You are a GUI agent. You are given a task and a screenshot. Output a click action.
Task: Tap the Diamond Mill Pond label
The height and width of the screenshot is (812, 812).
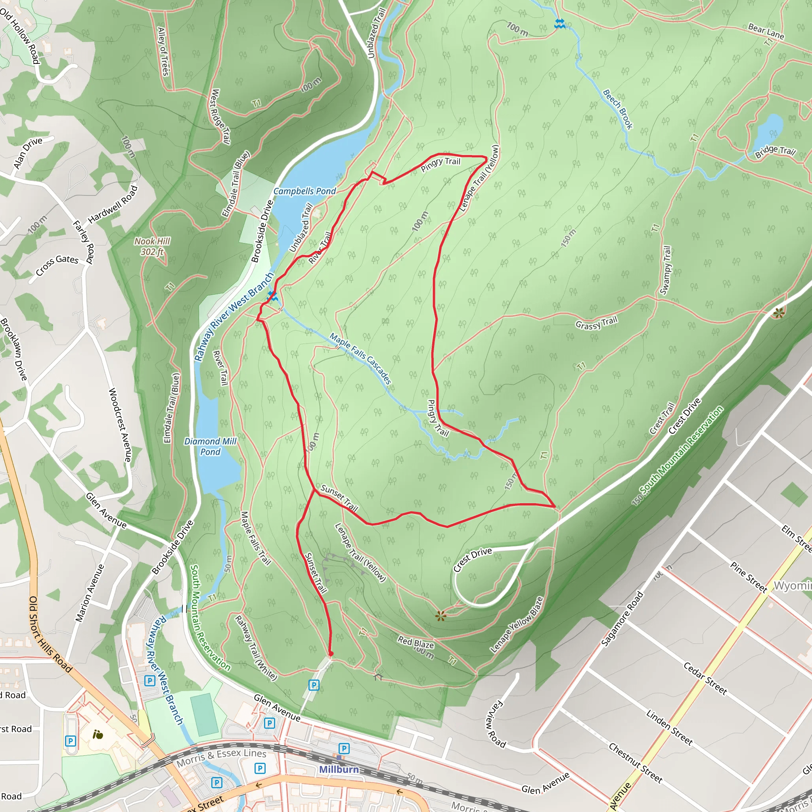click(x=210, y=446)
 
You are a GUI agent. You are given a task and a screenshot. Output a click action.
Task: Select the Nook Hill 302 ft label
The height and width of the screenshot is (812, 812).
click(x=152, y=246)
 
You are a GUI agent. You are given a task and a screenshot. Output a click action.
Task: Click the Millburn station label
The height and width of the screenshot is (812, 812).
click(x=339, y=769)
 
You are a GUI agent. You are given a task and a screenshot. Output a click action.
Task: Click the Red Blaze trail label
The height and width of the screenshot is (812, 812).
click(x=416, y=643)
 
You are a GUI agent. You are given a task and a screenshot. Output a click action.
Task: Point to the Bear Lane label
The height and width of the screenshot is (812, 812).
click(x=766, y=32)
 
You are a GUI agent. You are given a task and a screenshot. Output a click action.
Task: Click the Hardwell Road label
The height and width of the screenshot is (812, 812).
click(x=113, y=205)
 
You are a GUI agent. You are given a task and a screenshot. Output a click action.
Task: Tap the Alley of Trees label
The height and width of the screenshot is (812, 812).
click(x=163, y=51)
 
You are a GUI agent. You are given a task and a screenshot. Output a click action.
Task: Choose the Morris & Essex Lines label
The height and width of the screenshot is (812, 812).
click(x=221, y=757)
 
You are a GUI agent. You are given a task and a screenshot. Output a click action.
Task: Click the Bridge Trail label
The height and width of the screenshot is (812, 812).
click(x=775, y=152)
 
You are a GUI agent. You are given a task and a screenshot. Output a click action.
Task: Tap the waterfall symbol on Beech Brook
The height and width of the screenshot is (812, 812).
click(x=559, y=23)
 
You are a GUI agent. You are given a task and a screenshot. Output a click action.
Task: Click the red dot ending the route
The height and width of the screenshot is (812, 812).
click(x=331, y=654)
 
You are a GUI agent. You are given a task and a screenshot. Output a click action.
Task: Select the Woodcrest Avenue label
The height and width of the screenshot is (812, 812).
click(x=120, y=425)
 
